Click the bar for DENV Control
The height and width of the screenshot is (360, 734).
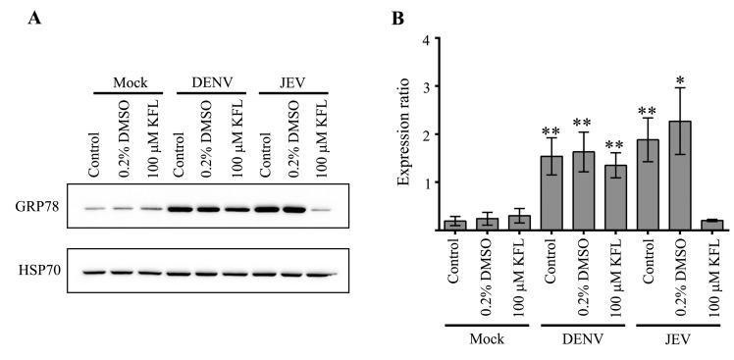pyautogui.click(x=552, y=193)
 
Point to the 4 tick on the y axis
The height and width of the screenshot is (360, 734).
pyautogui.click(x=425, y=40)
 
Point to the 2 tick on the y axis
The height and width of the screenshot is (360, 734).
pyautogui.click(x=425, y=134)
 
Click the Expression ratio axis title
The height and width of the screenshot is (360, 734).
pyautogui.click(x=404, y=133)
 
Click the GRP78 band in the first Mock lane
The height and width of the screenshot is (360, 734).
pyautogui.click(x=94, y=209)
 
